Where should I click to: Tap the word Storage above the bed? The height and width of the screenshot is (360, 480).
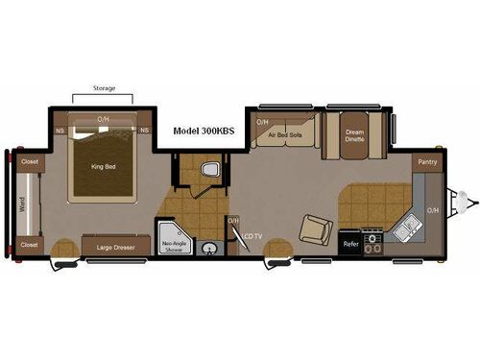[x=104, y=88]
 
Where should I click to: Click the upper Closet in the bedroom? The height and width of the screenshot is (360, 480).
[x=30, y=162]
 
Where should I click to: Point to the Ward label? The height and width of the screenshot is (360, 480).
[x=22, y=204]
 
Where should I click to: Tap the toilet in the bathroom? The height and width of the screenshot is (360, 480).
[x=207, y=170]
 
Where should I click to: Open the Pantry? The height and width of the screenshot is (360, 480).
[x=427, y=162]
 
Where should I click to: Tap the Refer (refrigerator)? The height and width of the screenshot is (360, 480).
[x=350, y=244]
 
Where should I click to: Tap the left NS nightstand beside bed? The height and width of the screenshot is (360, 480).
[x=60, y=130]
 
